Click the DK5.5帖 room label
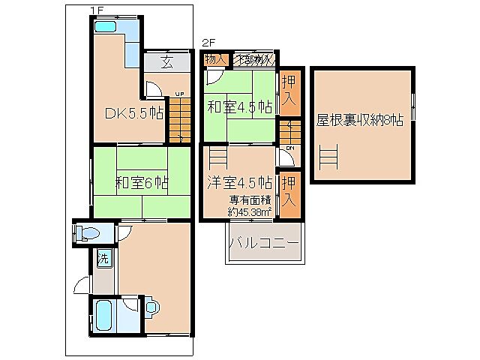134,114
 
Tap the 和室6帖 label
141,182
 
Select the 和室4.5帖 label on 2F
240,106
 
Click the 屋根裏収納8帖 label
360,120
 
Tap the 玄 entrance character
166,63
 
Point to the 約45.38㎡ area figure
250,212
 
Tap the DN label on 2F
289,148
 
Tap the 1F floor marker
95,9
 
